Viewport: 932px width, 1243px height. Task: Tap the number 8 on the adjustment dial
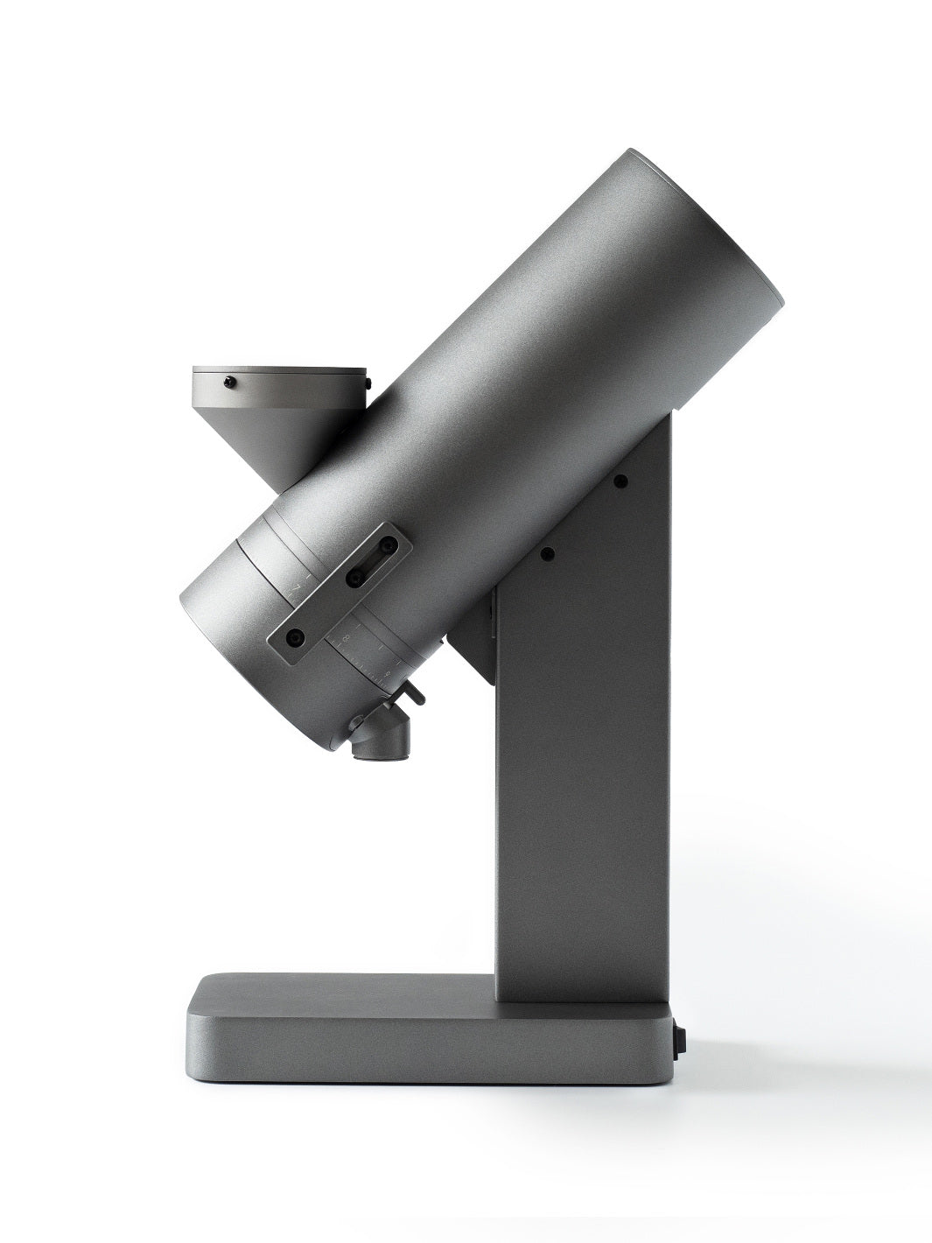pos(347,640)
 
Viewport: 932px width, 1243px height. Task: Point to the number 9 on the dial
pos(387,674)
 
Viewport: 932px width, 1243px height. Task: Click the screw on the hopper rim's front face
pos(230,381)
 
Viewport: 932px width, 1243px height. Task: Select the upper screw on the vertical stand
pos(620,480)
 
